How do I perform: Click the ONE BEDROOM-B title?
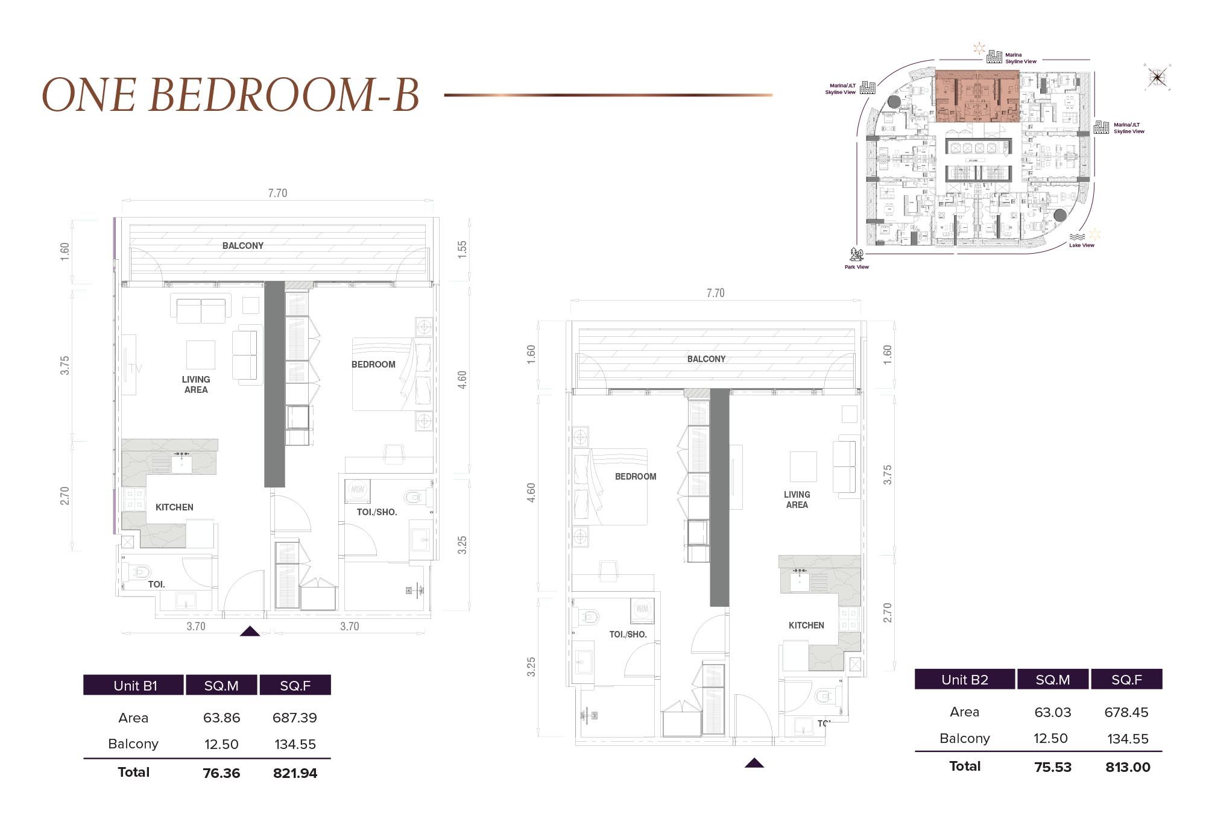click(x=230, y=95)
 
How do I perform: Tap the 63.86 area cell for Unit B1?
click(x=221, y=718)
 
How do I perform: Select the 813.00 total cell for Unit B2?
click(x=1128, y=767)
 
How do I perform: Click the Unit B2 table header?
click(x=965, y=680)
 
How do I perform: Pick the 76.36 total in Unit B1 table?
click(x=221, y=773)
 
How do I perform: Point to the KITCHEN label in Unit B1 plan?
click(x=174, y=507)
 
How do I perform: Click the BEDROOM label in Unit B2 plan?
click(x=636, y=477)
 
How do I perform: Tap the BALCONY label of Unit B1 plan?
click(x=243, y=246)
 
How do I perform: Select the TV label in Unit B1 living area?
click(x=135, y=369)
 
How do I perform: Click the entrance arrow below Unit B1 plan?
click(x=250, y=632)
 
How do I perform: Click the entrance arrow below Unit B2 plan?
click(x=754, y=763)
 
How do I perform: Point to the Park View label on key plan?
click(x=856, y=267)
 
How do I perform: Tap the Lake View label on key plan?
click(x=1081, y=245)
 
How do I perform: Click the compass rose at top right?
click(x=1157, y=77)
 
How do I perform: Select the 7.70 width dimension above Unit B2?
click(x=715, y=293)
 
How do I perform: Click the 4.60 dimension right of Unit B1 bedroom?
click(x=462, y=380)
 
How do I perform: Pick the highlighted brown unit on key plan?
click(x=977, y=96)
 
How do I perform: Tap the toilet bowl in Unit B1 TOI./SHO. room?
click(x=414, y=497)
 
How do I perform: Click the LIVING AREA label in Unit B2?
click(x=797, y=500)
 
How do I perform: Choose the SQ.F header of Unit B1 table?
click(x=295, y=686)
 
